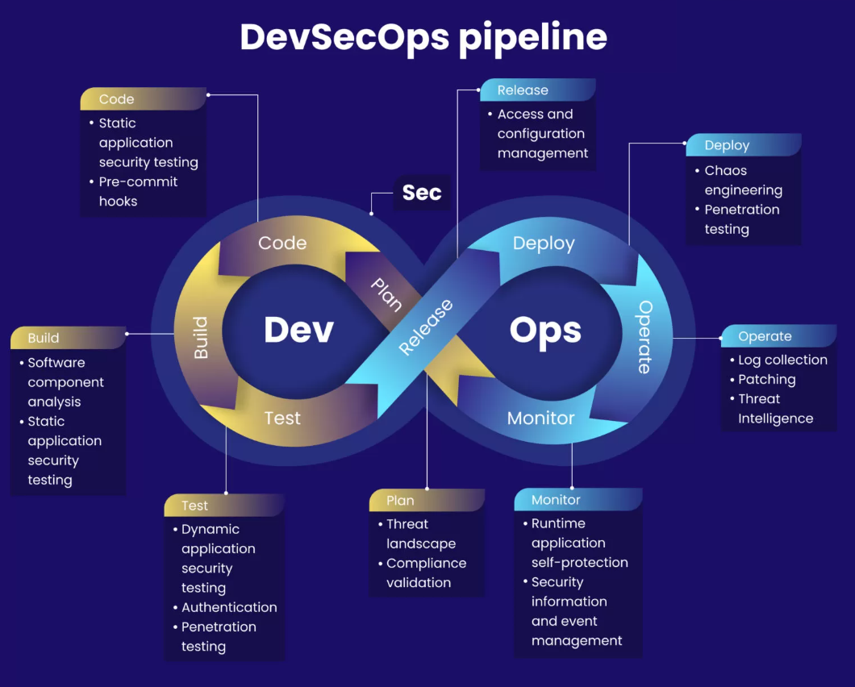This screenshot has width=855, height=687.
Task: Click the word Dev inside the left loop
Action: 298,330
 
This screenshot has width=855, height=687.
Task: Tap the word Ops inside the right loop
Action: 545,331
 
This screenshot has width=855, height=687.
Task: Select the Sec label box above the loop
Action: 422,193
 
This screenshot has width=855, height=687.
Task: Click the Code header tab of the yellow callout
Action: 144,98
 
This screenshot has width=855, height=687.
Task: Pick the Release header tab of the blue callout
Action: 538,90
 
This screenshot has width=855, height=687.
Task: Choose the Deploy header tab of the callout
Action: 744,145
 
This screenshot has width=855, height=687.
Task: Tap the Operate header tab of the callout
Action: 778,336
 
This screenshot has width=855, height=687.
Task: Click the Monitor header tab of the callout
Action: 578,499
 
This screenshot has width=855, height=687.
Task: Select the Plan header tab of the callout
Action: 427,500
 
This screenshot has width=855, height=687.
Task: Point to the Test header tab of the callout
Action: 224,506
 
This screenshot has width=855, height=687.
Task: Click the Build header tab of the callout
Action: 69,338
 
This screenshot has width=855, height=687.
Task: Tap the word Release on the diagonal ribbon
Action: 426,327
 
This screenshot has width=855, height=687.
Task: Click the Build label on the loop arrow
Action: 201,338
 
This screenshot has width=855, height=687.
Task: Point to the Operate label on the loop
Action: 644,337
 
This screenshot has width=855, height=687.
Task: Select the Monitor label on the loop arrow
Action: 541,418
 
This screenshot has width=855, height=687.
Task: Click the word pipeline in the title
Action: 532,38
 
